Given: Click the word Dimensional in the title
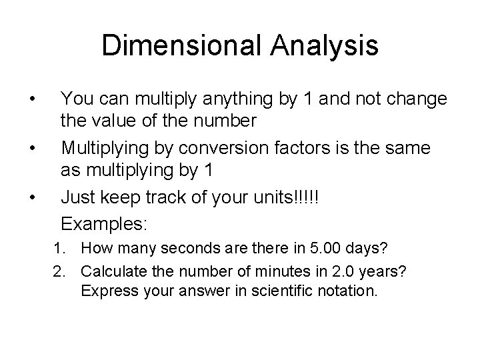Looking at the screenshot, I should coord(173,46).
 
